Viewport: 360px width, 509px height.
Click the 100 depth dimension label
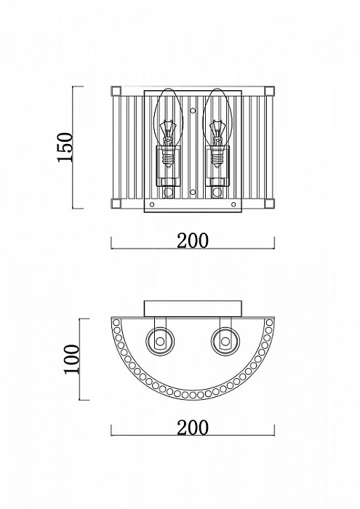pyautogui.click(x=72, y=359)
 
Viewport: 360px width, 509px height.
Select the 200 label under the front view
pyautogui.click(x=193, y=241)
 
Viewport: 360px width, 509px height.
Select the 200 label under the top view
pyautogui.click(x=193, y=428)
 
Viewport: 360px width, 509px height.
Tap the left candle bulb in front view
pyautogui.click(x=167, y=128)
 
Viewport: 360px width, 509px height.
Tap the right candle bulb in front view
pyautogui.click(x=217, y=128)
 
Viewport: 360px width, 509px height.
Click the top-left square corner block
pyautogui.click(x=116, y=91)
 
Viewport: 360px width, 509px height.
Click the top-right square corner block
pyautogui.click(x=269, y=91)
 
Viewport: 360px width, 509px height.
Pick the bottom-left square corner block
pyautogui.click(x=116, y=204)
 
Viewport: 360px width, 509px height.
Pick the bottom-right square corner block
pyautogui.click(x=269, y=204)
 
